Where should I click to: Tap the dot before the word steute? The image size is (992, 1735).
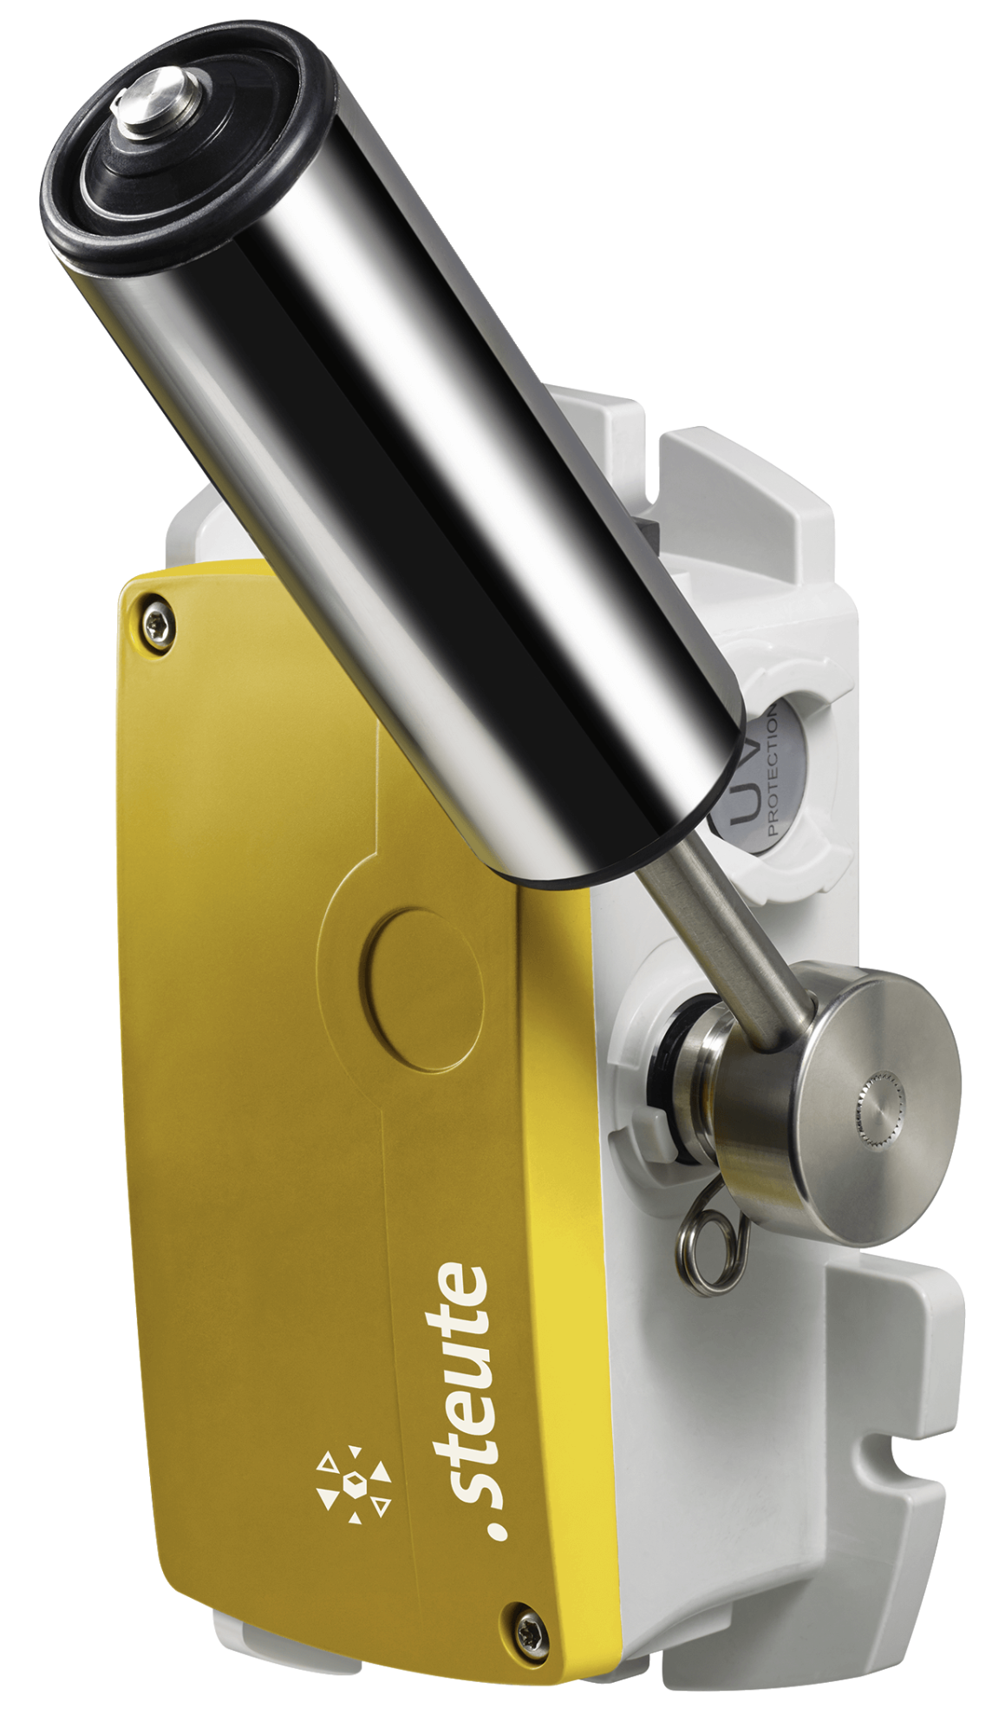pyautogui.click(x=497, y=1529)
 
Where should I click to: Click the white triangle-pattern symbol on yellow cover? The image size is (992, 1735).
pyautogui.click(x=353, y=1484)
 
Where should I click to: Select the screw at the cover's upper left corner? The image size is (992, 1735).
pyautogui.click(x=157, y=621)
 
